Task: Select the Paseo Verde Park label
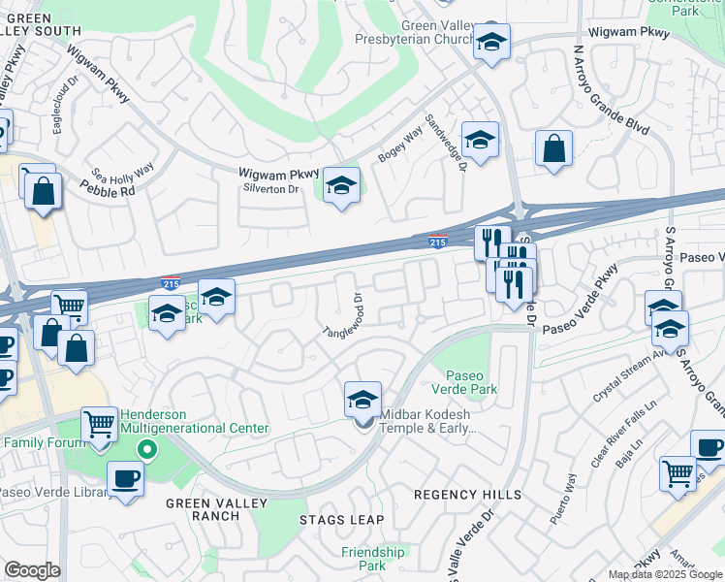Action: [x=471, y=383]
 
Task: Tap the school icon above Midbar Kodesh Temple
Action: [x=362, y=398]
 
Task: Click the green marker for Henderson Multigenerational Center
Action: [x=146, y=450]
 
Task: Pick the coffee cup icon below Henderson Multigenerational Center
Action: [x=125, y=478]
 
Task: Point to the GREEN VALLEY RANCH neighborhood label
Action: [x=203, y=509]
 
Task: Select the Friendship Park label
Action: [x=372, y=559]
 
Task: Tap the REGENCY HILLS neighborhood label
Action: [x=467, y=495]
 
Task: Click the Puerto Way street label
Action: [x=563, y=501]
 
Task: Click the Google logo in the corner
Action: [x=32, y=570]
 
